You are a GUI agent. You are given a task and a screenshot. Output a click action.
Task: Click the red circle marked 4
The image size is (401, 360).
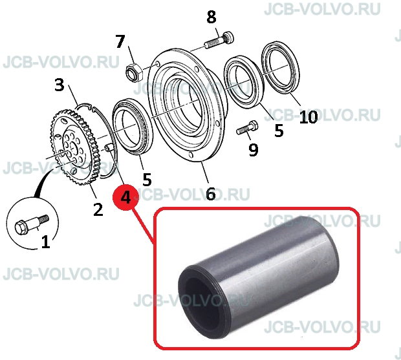point(125,197)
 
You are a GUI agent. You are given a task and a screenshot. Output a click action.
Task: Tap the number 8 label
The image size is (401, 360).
point(211,17)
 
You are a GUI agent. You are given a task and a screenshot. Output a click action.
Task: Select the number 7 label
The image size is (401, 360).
point(120,41)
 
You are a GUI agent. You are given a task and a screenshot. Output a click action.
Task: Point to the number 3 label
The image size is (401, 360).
point(60,85)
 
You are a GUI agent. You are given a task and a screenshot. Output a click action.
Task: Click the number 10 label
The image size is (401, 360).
point(309,117)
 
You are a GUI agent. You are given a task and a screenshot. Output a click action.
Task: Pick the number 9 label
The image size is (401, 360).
point(254,149)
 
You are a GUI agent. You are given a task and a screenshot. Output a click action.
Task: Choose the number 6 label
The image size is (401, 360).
point(211,194)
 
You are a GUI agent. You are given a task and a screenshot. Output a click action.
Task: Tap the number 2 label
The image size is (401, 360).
point(98,209)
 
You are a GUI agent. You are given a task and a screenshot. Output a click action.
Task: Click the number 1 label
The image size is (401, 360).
point(45,242)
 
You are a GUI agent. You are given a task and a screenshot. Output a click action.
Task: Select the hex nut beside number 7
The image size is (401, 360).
point(133,71)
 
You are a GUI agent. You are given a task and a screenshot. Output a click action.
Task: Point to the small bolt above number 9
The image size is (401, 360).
point(247,128)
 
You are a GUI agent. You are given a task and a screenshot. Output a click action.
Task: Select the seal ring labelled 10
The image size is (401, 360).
point(281,69)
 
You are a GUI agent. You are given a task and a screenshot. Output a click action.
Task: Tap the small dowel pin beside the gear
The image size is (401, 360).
point(108,147)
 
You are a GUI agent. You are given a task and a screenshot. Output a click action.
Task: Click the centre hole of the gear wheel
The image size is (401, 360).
point(73,149)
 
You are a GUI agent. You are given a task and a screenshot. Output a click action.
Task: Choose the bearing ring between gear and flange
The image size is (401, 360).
point(133,127)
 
